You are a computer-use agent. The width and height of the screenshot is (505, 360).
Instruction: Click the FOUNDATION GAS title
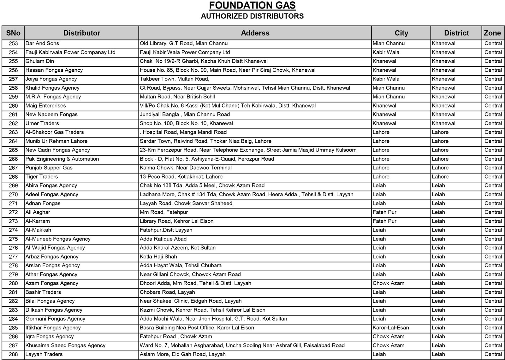[x=252, y=5]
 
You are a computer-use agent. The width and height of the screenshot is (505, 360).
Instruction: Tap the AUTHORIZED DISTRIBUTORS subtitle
[x=252, y=16]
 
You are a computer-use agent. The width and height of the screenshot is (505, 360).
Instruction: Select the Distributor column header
[x=82, y=33]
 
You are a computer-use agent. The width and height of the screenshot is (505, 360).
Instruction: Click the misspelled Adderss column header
[x=255, y=33]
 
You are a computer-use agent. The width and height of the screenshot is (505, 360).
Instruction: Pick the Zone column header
[x=492, y=33]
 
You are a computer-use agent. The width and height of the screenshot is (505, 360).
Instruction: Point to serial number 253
[x=13, y=44]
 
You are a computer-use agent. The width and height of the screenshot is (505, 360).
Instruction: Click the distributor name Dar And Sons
[x=42, y=44]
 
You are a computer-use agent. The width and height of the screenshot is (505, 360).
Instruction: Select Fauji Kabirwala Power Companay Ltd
[x=70, y=52]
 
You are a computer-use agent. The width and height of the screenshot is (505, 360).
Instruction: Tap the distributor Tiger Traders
[x=42, y=177]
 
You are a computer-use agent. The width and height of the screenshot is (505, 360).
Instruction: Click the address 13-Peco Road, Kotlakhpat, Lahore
[x=181, y=177]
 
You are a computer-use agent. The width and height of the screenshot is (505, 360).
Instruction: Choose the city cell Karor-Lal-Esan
[x=391, y=328]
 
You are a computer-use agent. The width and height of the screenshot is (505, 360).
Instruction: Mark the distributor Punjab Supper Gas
[x=49, y=168]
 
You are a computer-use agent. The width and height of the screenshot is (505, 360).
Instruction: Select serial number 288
[x=13, y=354]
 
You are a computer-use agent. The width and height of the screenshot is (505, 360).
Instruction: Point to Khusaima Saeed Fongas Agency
[x=65, y=345]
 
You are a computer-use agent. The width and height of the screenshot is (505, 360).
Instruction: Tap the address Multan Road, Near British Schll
[x=177, y=97]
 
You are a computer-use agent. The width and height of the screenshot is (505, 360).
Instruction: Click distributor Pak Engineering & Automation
[x=62, y=159]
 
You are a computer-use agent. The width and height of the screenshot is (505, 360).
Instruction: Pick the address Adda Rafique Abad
[x=163, y=239]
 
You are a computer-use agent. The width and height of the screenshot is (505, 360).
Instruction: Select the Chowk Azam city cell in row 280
[x=389, y=283]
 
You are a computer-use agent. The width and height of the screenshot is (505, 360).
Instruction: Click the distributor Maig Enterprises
[x=46, y=106]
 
